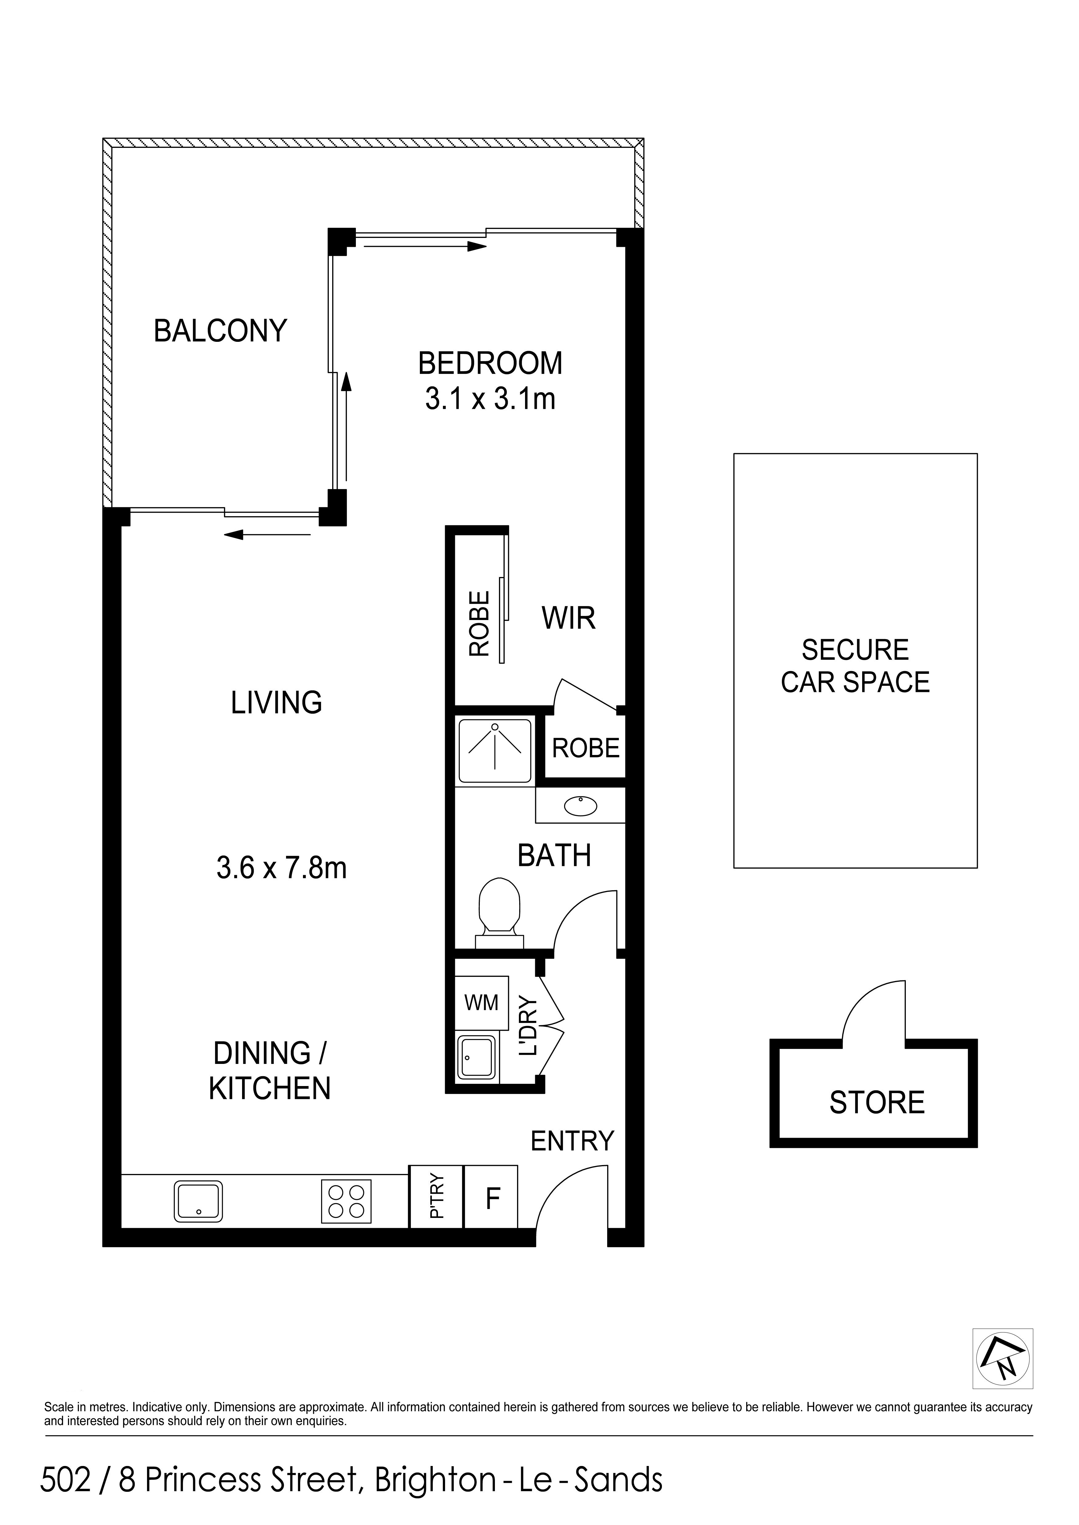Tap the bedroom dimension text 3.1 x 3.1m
pyautogui.click(x=490, y=399)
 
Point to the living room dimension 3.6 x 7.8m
pyautogui.click(x=282, y=868)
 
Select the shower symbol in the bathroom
pyautogui.click(x=495, y=751)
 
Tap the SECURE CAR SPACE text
pyautogui.click(x=855, y=666)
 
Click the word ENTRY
pyautogui.click(x=572, y=1141)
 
